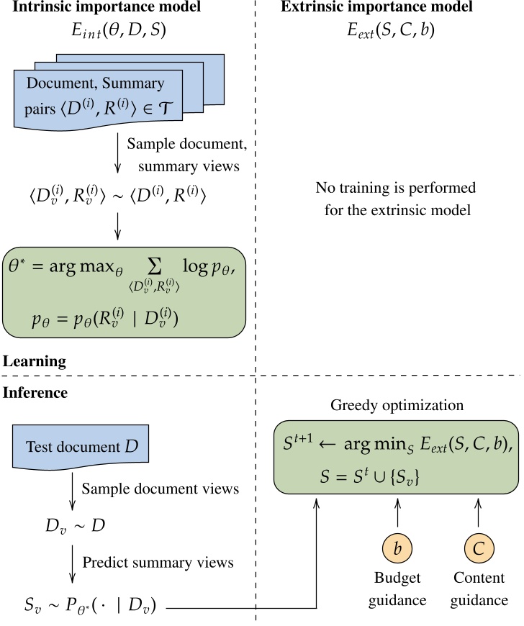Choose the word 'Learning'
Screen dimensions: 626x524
pyautogui.click(x=34, y=360)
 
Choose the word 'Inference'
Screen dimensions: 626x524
pyautogui.click(x=36, y=394)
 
